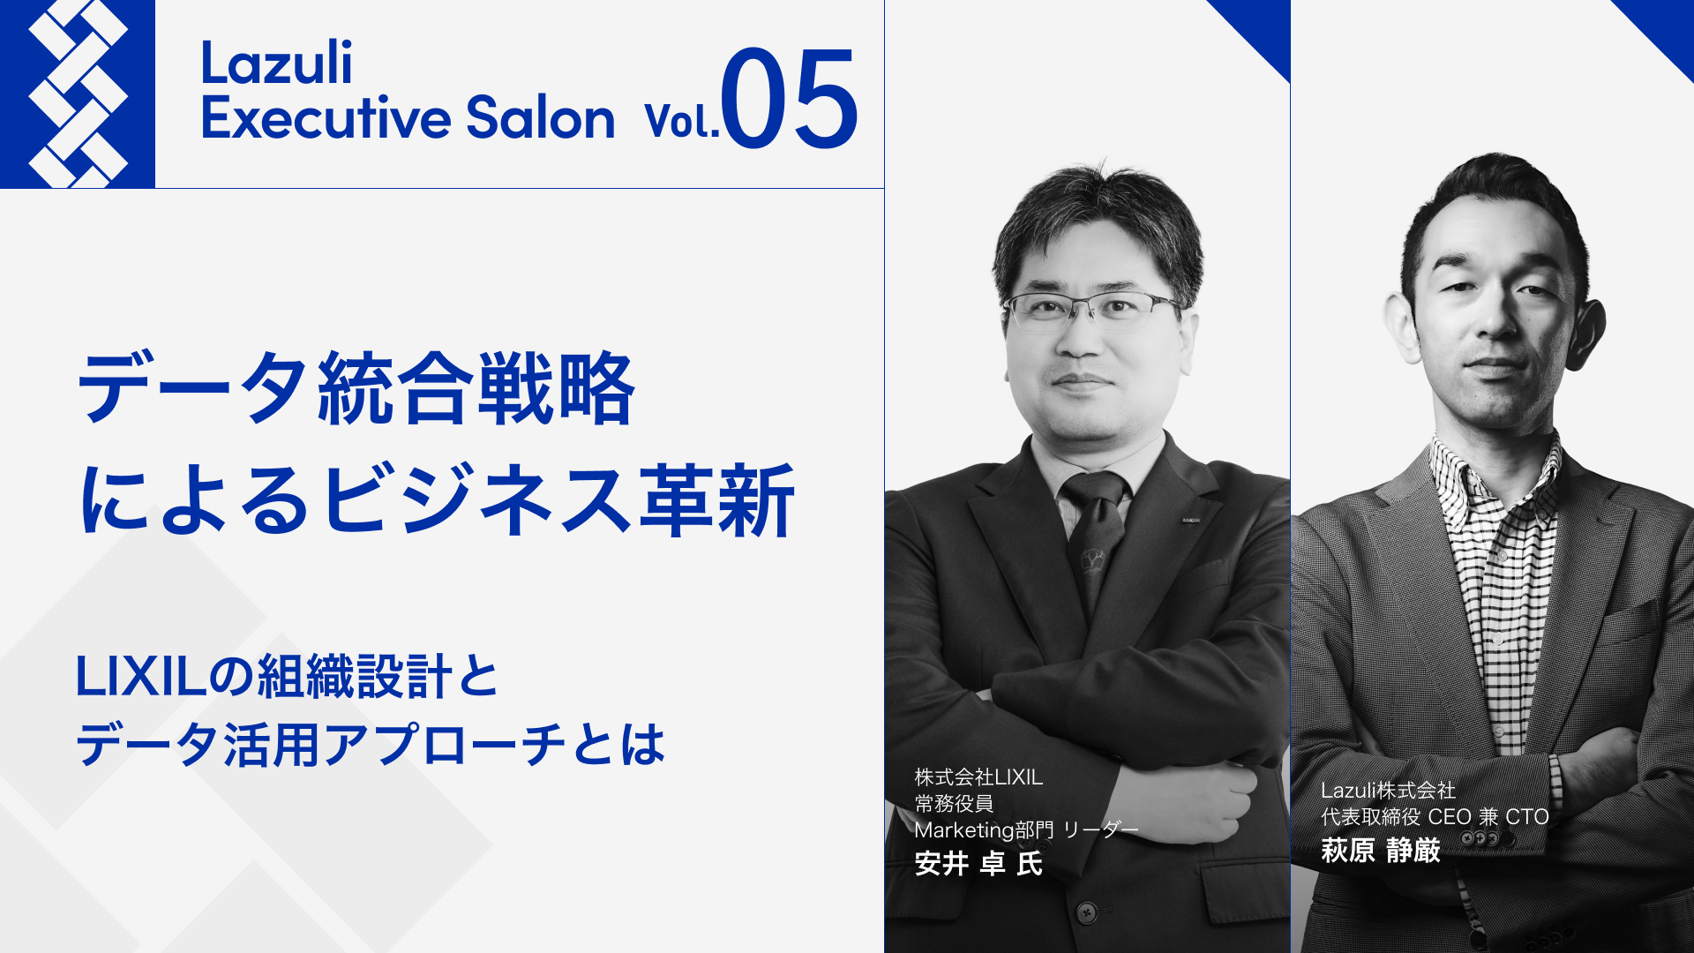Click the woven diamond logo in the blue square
tap(78, 94)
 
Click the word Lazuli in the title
tap(277, 64)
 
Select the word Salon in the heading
tap(540, 117)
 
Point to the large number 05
tap(789, 98)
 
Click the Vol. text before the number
tap(682, 122)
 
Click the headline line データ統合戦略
tap(356, 388)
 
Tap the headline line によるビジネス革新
tap(438, 500)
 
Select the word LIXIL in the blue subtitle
tap(141, 677)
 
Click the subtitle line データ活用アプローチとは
tap(371, 744)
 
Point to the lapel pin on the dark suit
tap(1191, 521)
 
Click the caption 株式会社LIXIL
tap(978, 777)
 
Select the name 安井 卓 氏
tap(978, 863)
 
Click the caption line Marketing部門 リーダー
tap(1026, 830)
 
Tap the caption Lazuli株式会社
tap(1388, 791)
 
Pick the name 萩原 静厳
tap(1381, 851)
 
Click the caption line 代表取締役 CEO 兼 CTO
tap(1435, 817)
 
